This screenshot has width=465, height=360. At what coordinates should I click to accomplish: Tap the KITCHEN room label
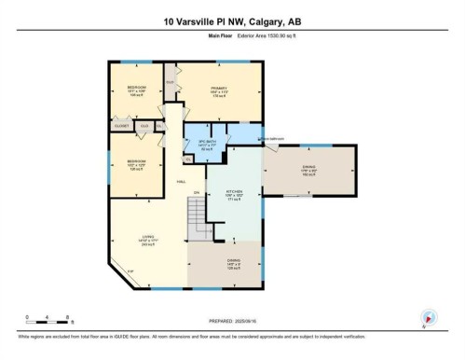(x=234, y=196)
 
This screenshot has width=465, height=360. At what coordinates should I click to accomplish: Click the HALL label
(x=180, y=182)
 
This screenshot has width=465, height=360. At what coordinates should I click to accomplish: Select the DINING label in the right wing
(x=308, y=168)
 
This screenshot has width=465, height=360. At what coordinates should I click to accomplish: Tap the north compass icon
(x=429, y=317)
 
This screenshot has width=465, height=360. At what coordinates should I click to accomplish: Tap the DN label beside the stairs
(x=196, y=192)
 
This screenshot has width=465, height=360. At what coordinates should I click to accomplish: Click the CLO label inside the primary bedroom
(x=171, y=82)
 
